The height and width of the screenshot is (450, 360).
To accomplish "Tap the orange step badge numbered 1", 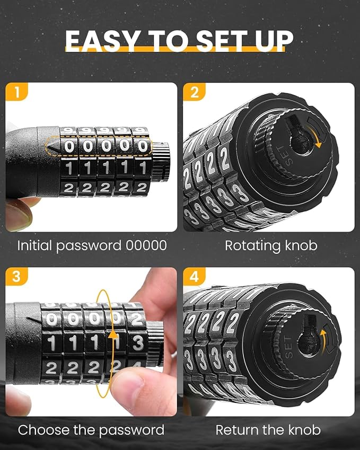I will tap(17, 93).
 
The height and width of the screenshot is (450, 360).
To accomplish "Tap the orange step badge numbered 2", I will tap(194, 93).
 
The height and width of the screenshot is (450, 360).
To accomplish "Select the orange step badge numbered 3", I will tap(17, 278).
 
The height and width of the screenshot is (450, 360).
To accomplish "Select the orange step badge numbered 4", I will tap(194, 278).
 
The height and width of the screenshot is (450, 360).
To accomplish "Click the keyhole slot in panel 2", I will tap(295, 139).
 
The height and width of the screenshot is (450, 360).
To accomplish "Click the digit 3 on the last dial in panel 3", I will tap(138, 343).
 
